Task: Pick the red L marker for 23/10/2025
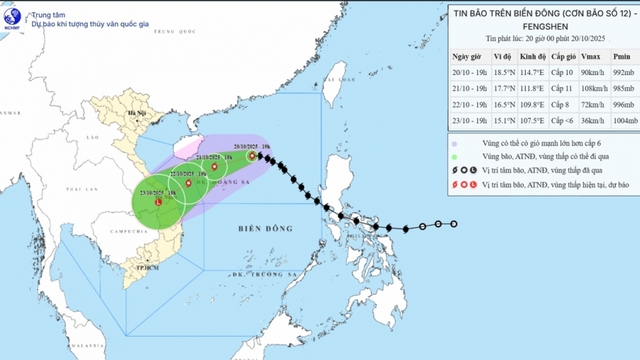(158, 203)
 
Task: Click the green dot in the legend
(453, 158)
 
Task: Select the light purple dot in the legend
(453, 143)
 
